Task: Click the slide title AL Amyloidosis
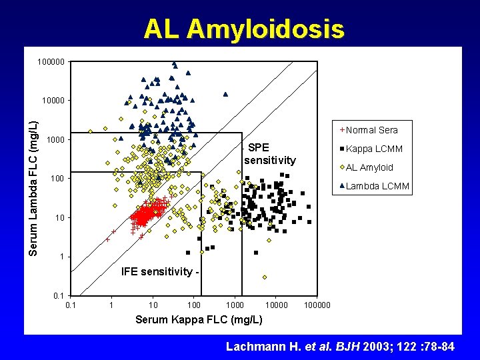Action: coord(244,29)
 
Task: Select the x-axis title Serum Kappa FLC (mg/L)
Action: coord(199,319)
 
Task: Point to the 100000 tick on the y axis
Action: coord(52,62)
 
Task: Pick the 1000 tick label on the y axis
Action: coord(56,140)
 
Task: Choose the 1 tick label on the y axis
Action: coord(61,257)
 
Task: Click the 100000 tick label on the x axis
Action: coord(317,305)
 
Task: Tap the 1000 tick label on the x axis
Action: coord(235,305)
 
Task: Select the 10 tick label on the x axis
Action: coord(153,305)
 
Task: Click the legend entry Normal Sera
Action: coord(371,130)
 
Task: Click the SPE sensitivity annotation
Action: coord(269,154)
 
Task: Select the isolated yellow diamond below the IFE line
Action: coord(265,277)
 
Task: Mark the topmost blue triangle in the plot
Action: coord(174,65)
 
